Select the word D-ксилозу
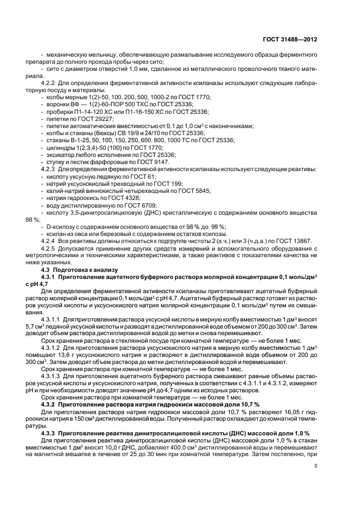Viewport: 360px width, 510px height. pos(60,226)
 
